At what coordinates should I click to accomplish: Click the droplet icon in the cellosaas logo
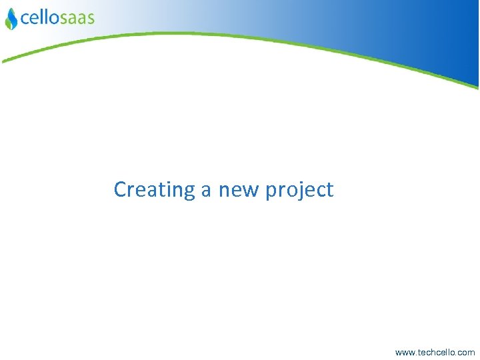[x=11, y=19]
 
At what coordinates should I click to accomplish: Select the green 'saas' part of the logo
[x=77, y=18]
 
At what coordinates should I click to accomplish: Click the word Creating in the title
[x=153, y=190]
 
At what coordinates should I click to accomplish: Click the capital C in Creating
[x=120, y=189]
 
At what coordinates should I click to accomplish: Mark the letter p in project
[x=271, y=192]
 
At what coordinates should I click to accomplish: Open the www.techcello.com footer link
[x=435, y=352]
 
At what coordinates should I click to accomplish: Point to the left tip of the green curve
[x=3, y=61]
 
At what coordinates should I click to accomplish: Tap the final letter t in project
[x=329, y=190]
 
